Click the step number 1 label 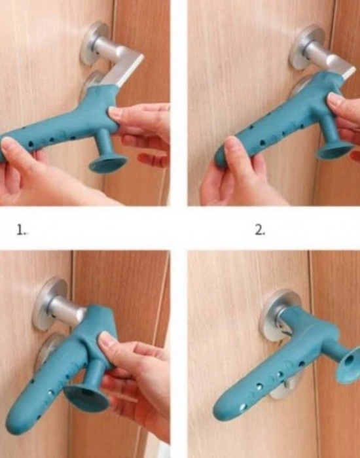tap(21, 230)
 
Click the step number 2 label tap(260, 230)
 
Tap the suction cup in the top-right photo tap(335, 150)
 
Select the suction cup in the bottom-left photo tap(87, 398)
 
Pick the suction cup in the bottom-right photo tap(349, 365)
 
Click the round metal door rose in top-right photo tap(305, 46)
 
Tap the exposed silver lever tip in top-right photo tap(349, 73)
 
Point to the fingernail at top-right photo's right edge tap(334, 98)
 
